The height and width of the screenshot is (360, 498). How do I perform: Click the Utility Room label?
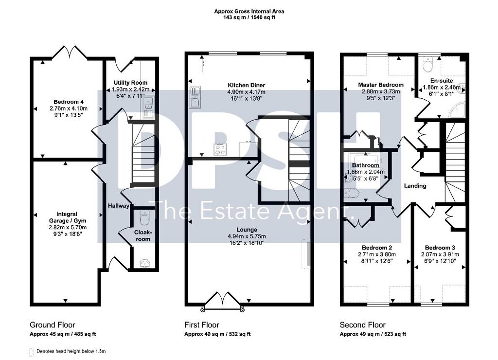(130, 83)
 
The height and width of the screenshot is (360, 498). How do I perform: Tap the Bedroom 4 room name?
(69, 102)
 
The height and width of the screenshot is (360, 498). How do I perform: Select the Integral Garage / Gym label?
(67, 217)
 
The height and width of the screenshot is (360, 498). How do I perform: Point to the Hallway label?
(119, 206)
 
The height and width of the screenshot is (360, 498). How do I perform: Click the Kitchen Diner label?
(247, 85)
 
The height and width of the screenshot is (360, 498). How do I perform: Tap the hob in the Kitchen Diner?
(220, 149)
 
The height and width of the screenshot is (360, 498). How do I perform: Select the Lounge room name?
(247, 230)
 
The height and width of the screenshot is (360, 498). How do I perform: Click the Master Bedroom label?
(381, 85)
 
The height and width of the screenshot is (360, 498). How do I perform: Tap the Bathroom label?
(366, 165)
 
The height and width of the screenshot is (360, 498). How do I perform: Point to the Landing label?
(415, 186)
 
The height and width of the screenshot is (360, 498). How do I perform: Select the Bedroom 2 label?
(377, 248)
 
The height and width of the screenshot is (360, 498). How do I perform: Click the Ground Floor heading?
(53, 325)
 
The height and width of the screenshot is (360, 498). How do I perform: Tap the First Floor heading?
(202, 325)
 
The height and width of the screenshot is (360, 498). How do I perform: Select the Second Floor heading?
(363, 325)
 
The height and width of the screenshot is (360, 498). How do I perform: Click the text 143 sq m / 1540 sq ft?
(249, 18)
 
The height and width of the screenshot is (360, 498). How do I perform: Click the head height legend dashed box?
(31, 352)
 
